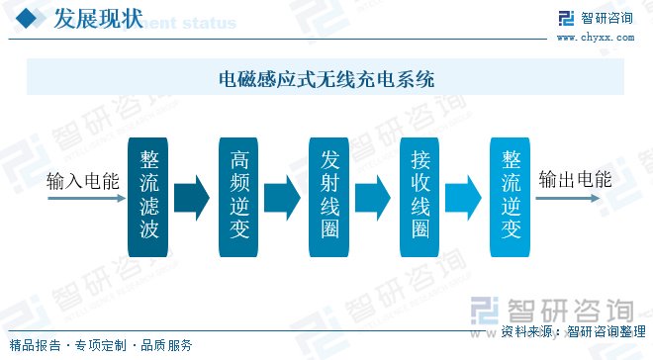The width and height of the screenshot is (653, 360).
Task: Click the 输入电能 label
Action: pos(83,182)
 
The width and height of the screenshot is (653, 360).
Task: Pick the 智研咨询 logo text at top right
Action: pos(606,18)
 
